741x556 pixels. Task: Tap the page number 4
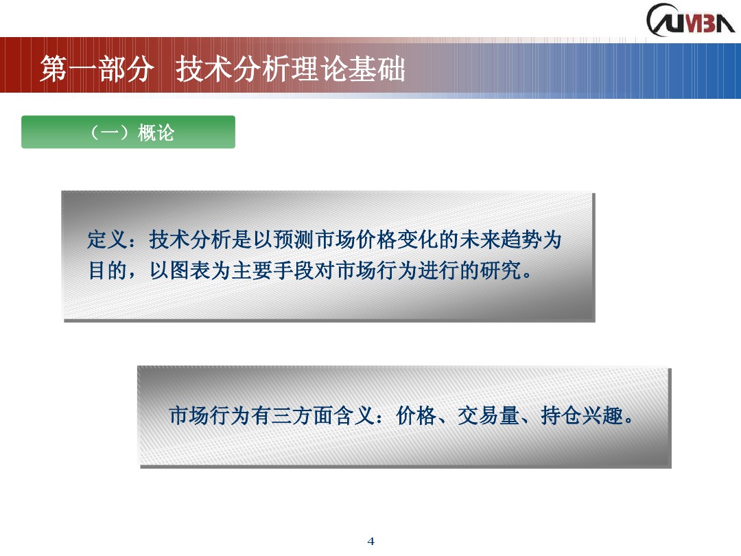pyautogui.click(x=371, y=541)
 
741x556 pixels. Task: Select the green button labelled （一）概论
pyautogui.click(x=128, y=132)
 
